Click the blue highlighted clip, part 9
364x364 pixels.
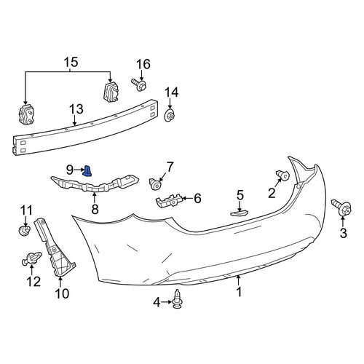(x=87, y=171)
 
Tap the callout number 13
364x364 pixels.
(x=76, y=109)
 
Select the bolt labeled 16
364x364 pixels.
(x=139, y=84)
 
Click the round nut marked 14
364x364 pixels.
(x=170, y=116)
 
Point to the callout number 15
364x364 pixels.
(x=71, y=62)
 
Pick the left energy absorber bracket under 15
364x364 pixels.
(x=26, y=115)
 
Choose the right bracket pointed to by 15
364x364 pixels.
(x=111, y=92)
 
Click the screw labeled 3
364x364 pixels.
(x=342, y=207)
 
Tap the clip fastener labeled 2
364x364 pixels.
(x=283, y=175)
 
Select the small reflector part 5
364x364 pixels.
(x=240, y=213)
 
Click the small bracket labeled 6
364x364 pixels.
(x=170, y=200)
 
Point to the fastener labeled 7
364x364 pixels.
(x=155, y=184)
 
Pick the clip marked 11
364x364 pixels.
(x=25, y=230)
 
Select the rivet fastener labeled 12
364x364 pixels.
(x=31, y=258)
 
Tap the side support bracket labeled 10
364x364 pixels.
(x=55, y=248)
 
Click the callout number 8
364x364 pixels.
(x=95, y=209)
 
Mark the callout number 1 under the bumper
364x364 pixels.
(x=240, y=292)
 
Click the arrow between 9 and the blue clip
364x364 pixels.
(x=79, y=170)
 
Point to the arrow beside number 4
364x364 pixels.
(x=167, y=302)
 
